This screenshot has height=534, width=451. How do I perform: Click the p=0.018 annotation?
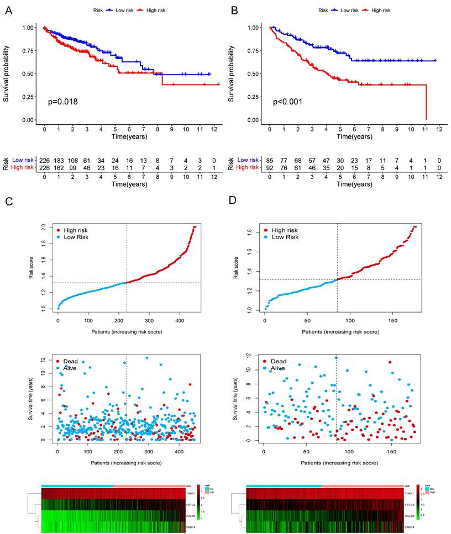pos(62,102)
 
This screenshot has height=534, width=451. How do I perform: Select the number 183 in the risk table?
pos(59,160)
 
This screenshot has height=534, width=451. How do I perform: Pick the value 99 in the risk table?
pos(73,167)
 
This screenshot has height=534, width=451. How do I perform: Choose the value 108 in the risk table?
pos(73,160)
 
